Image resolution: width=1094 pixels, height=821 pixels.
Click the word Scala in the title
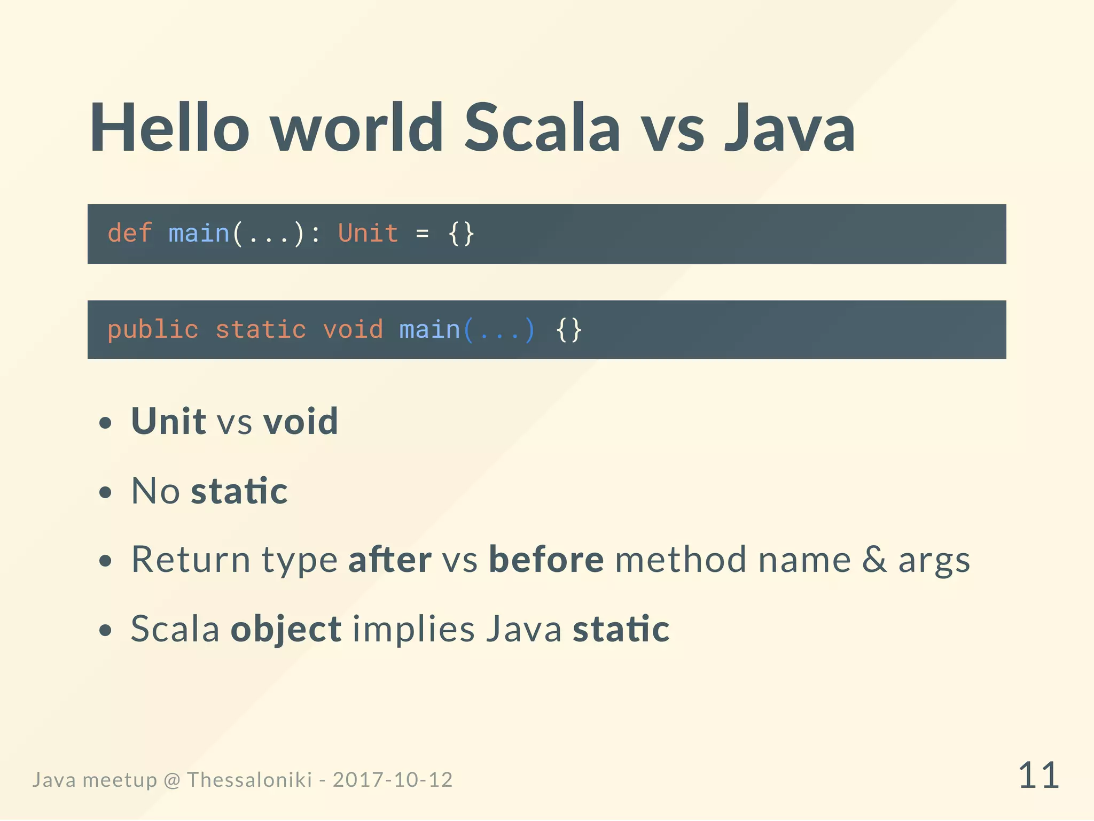click(542, 128)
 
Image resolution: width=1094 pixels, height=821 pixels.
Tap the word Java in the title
click(790, 128)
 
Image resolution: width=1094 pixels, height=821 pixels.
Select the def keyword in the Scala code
click(130, 234)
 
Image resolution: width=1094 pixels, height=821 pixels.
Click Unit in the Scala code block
click(368, 234)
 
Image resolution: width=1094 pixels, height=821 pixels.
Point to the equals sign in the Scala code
click(422, 234)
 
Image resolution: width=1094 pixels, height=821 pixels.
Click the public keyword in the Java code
click(153, 330)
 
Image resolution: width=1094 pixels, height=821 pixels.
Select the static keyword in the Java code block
click(261, 330)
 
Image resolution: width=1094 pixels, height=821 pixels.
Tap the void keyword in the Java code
click(353, 330)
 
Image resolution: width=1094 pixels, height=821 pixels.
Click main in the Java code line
click(429, 330)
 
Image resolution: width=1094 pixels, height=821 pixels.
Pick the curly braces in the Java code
click(568, 330)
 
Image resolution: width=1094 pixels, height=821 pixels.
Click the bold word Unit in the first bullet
click(168, 421)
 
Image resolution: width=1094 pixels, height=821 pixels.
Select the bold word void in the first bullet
click(301, 421)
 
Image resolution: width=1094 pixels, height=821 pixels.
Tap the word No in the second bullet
click(155, 491)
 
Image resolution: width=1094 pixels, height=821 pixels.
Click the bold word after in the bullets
click(390, 560)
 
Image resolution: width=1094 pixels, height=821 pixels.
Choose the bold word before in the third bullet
click(546, 560)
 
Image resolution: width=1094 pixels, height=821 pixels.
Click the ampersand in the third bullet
click(874, 560)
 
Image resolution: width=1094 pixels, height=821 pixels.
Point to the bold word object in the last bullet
click(286, 629)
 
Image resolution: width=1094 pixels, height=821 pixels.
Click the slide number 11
click(1038, 776)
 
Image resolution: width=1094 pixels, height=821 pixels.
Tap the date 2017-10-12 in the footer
click(393, 780)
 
